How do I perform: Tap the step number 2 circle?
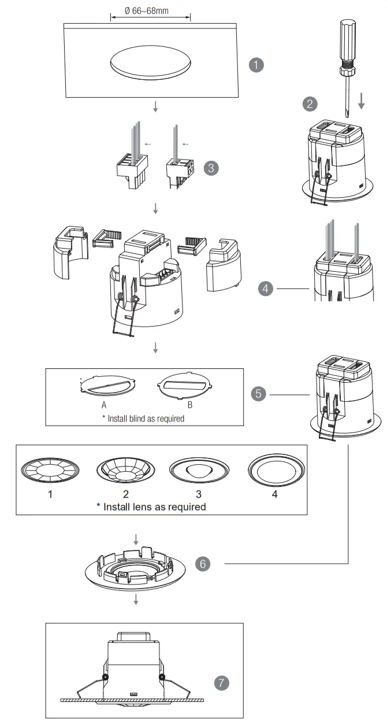[311, 103]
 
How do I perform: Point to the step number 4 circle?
[266, 288]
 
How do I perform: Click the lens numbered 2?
[125, 469]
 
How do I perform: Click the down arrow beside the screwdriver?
[362, 102]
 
